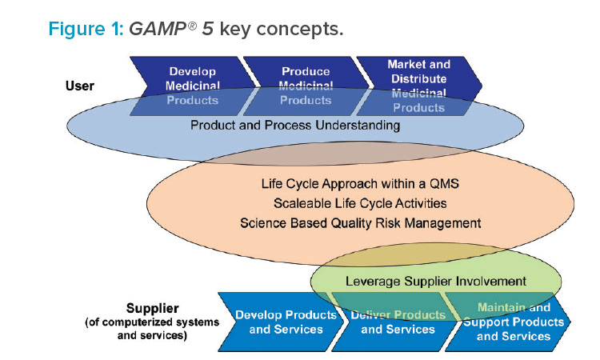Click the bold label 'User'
(x=79, y=86)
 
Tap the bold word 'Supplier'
(x=152, y=308)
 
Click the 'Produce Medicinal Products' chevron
(x=306, y=86)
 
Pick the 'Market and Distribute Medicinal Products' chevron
(x=419, y=86)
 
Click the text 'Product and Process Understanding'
(x=295, y=125)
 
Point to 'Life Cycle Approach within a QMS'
(x=360, y=184)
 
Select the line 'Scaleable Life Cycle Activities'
(x=360, y=203)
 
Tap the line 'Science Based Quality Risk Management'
(x=361, y=223)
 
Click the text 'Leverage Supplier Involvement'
(x=436, y=281)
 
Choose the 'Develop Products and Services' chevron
(x=282, y=322)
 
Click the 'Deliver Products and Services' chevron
(x=396, y=322)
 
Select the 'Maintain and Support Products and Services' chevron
(x=508, y=322)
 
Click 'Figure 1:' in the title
(x=86, y=29)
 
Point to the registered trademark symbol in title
(x=193, y=26)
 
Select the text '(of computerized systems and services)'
(x=152, y=329)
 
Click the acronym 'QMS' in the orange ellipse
(x=444, y=184)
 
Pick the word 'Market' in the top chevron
(x=404, y=64)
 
